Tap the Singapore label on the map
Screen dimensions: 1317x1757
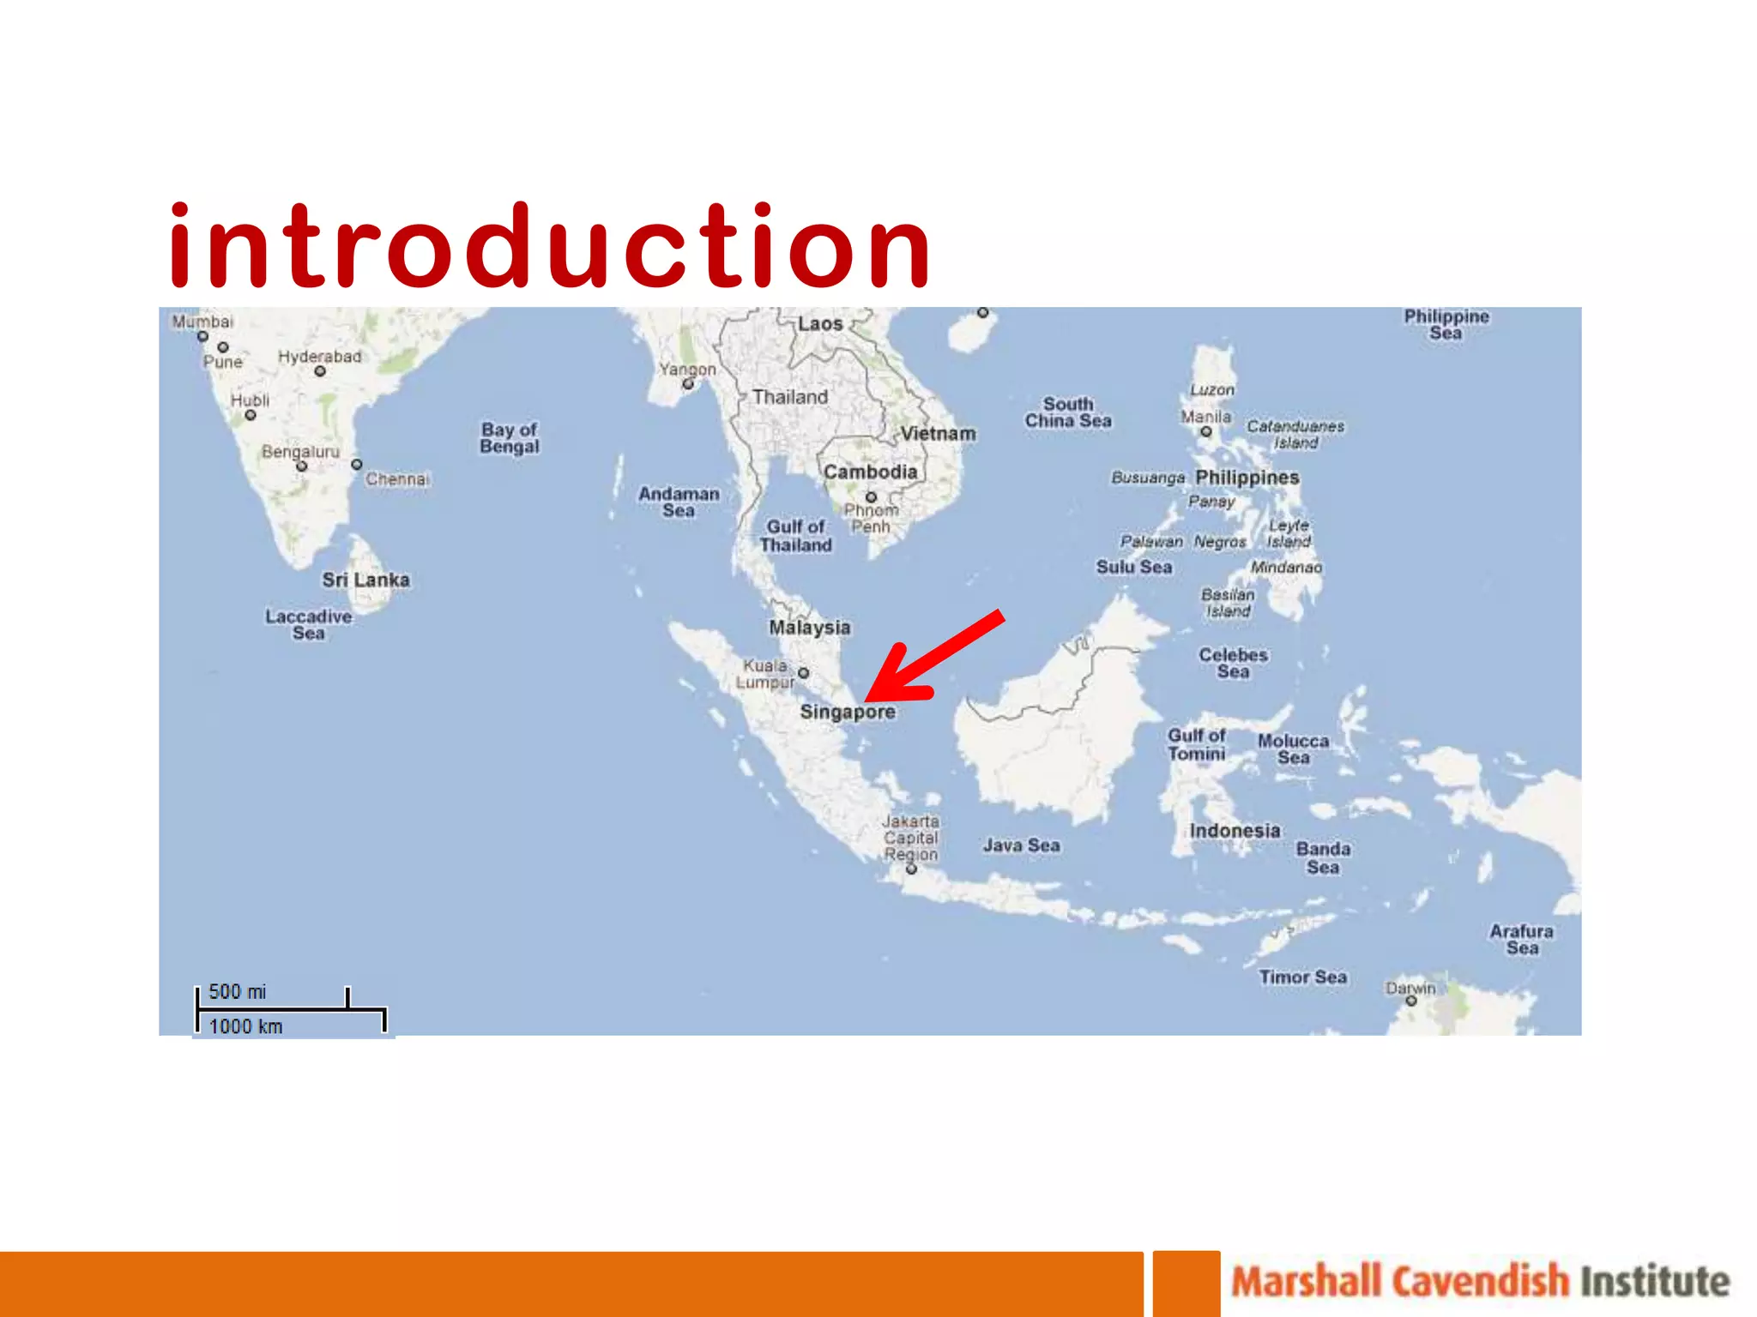(x=847, y=712)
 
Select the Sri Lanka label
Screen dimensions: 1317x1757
(x=365, y=580)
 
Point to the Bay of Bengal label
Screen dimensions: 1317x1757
(x=510, y=437)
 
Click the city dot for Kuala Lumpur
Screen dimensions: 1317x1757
(x=804, y=673)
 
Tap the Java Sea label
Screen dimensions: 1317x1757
(x=1021, y=845)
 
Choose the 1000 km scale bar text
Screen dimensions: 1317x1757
(x=245, y=1026)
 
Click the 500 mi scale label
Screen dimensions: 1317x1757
(x=238, y=992)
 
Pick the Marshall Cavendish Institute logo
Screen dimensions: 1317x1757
(x=1480, y=1282)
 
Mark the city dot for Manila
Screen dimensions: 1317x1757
(x=1206, y=431)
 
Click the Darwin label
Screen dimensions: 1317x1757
(x=1410, y=988)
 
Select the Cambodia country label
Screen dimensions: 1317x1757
(x=870, y=472)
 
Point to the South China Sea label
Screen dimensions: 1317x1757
(x=1068, y=412)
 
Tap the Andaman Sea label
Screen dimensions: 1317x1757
(x=679, y=502)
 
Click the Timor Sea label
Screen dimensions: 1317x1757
(x=1302, y=977)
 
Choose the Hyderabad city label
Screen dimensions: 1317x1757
(x=319, y=357)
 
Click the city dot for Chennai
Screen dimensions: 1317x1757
(x=357, y=465)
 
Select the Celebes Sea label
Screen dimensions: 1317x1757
(x=1233, y=663)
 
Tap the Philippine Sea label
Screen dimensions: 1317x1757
(x=1446, y=324)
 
